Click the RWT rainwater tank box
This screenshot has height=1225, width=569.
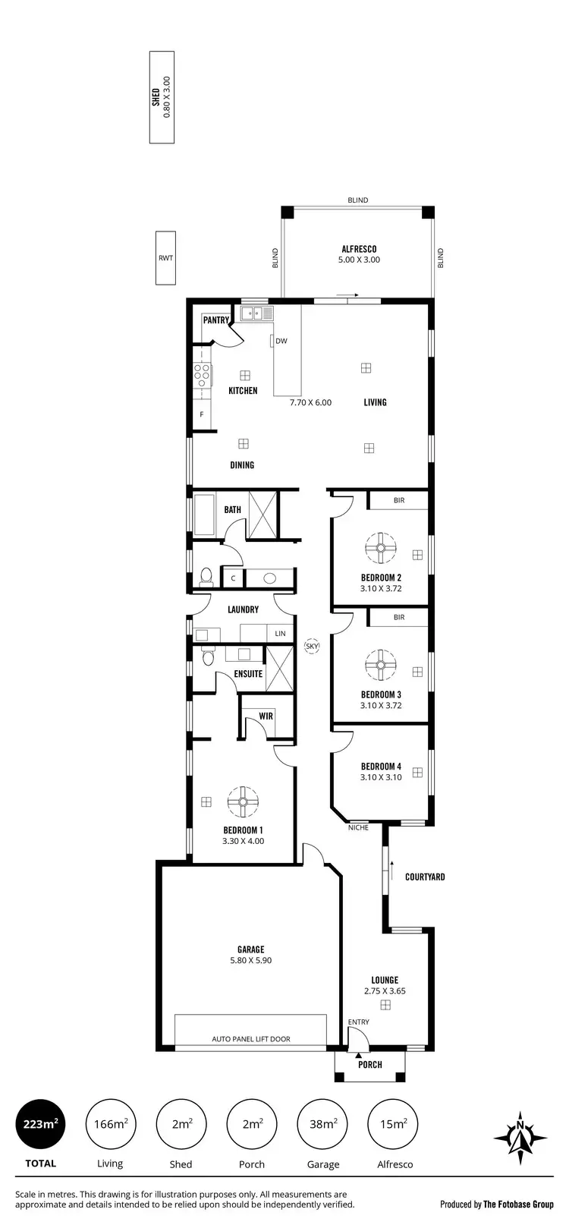[165, 258]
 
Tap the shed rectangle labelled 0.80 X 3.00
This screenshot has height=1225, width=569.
[161, 96]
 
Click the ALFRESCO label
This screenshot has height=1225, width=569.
[359, 249]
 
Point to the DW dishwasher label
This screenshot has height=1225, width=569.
[281, 341]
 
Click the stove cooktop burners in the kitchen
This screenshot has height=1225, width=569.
[203, 372]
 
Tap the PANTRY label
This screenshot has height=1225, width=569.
[215, 320]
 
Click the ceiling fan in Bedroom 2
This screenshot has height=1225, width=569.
[380, 546]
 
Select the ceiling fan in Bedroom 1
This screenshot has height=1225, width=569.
[243, 801]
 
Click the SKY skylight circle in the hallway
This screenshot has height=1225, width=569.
[311, 647]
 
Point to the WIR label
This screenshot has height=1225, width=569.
[266, 716]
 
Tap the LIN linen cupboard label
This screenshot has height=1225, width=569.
[281, 633]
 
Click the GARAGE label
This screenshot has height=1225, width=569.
[250, 949]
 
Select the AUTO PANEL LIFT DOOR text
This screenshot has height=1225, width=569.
[250, 1039]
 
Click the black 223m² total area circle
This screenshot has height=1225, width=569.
[41, 1124]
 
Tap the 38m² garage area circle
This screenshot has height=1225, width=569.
[323, 1124]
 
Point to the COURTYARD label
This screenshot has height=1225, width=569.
[425, 877]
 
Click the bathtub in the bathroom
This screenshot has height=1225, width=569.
[205, 514]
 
